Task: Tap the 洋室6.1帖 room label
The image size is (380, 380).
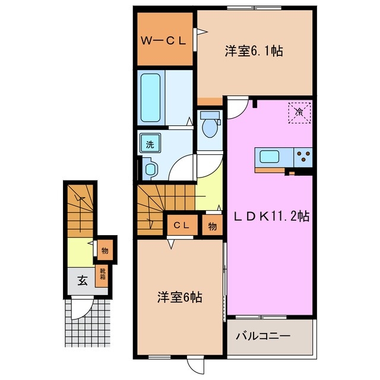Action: [253, 52]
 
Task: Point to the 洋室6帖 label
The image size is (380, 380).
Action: [180, 297]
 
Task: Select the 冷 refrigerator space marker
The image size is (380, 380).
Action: [300, 111]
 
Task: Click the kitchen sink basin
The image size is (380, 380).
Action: [271, 157]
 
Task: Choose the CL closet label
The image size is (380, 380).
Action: [182, 225]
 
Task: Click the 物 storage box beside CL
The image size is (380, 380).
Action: [212, 226]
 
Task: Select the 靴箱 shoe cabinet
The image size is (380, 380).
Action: [102, 275]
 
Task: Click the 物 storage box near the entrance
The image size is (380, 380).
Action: [104, 250]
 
